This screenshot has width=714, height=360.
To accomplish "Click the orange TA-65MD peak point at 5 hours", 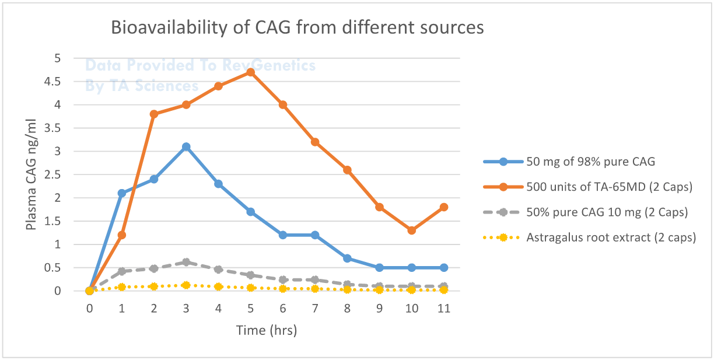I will pyautogui.click(x=250, y=72).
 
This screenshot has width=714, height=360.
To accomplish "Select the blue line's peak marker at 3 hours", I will pyautogui.click(x=186, y=147).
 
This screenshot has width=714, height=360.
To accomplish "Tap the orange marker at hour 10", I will pyautogui.click(x=412, y=230).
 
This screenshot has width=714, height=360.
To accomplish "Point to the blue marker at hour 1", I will pyautogui.click(x=121, y=193).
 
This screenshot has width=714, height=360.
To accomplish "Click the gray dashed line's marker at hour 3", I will pyautogui.click(x=186, y=263).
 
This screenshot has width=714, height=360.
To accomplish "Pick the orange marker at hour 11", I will pyautogui.click(x=444, y=207).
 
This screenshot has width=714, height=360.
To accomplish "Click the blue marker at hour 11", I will pyautogui.click(x=444, y=268).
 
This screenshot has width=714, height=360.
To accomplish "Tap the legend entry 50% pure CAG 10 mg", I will pyautogui.click(x=586, y=212).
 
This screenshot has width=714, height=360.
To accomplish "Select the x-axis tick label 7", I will pyautogui.click(x=315, y=308).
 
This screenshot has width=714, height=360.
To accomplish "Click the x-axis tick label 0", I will pyautogui.click(x=89, y=308).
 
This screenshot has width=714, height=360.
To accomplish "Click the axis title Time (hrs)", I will pyautogui.click(x=267, y=330).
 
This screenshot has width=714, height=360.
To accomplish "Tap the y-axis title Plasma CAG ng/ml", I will pyautogui.click(x=31, y=175).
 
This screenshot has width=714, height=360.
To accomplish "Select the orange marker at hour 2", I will pyautogui.click(x=154, y=114).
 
